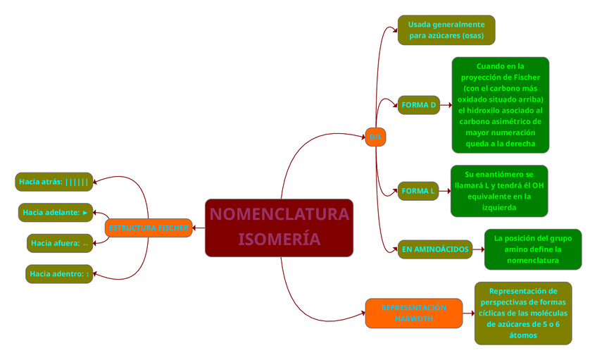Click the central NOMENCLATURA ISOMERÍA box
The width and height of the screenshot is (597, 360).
pos(279,228)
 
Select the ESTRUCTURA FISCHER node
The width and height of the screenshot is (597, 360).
pos(149,228)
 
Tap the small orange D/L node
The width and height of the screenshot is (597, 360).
pos(375,137)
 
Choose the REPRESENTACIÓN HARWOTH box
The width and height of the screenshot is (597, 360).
pos(414,313)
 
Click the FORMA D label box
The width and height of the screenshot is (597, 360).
pos(418,105)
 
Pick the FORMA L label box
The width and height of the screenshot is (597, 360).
pos(418,191)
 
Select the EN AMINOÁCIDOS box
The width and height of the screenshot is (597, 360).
pos(434,249)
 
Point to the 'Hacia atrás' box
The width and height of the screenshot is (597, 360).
pos(54,182)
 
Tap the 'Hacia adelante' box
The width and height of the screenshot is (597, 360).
pos(56,212)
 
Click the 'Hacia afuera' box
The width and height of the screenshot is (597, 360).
pos(60,243)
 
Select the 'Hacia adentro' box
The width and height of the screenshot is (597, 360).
pos(59,273)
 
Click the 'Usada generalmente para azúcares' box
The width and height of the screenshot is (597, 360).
pos(446,30)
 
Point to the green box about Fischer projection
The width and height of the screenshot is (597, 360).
pos(500,105)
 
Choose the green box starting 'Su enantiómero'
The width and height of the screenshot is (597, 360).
pos(498,191)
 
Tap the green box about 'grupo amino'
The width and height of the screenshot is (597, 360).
pos(533,249)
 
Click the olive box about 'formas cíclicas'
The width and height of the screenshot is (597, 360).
pos(522,313)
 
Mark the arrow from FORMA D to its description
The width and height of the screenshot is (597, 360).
pos(446,105)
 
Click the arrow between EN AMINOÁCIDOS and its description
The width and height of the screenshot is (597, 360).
pos(478,249)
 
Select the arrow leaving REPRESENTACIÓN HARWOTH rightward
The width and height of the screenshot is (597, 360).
pos(468,313)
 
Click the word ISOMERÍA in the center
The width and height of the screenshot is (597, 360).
pos(279,240)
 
